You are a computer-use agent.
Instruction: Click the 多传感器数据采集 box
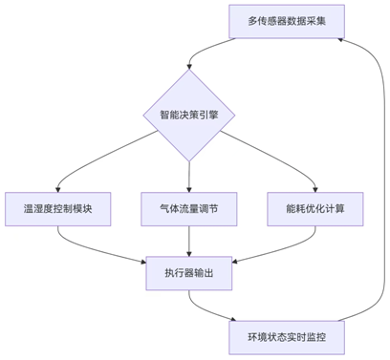[284, 21]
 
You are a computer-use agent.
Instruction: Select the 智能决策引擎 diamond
[189, 116]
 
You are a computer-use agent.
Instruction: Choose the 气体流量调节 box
[189, 209]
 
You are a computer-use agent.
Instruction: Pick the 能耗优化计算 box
[315, 209]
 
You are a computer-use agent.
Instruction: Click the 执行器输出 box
[189, 273]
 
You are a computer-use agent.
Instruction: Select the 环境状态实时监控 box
[284, 337]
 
